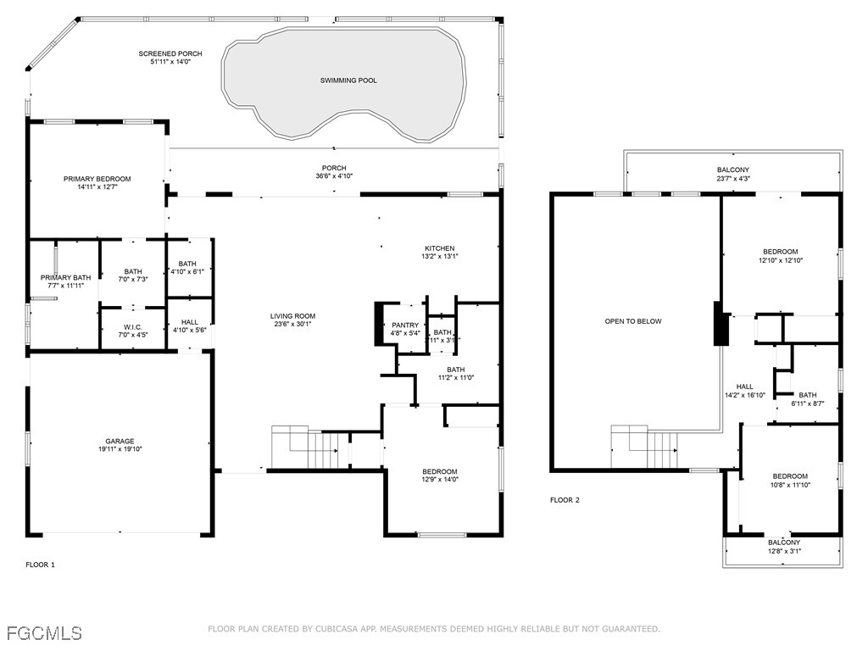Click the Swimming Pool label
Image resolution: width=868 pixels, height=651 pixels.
(348, 81)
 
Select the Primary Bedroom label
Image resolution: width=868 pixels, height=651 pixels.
(97, 179)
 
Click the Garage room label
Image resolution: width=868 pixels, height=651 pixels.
(120, 441)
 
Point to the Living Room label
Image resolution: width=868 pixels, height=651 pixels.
(294, 316)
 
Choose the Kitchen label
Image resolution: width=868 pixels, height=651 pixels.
(439, 248)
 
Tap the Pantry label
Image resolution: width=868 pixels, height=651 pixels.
(405, 325)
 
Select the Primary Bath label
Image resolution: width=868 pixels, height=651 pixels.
(65, 277)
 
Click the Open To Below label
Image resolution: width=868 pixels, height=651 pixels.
(633, 321)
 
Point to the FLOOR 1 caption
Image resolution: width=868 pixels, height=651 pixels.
(40, 565)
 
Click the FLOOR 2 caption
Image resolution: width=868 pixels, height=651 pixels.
(565, 500)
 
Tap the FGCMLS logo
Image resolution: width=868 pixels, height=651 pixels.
(44, 632)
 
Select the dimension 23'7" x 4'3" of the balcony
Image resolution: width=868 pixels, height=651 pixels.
(732, 179)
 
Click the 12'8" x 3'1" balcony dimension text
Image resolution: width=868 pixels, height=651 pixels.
(783, 551)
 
